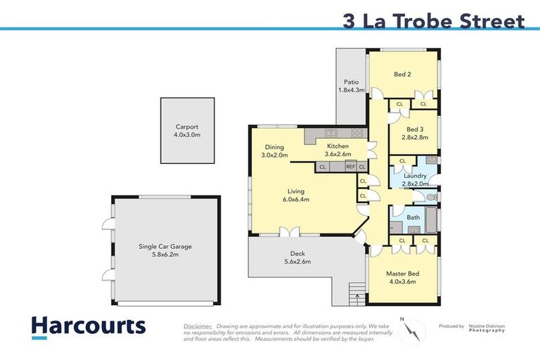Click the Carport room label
(x=187, y=127)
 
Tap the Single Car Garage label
(x=165, y=247)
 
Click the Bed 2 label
(x=403, y=74)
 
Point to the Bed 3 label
(x=415, y=129)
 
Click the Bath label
(x=413, y=217)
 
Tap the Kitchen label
(x=337, y=146)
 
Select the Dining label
(x=275, y=146)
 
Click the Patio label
(x=352, y=82)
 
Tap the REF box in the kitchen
(x=350, y=167)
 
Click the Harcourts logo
(x=88, y=326)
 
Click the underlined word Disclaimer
(x=198, y=327)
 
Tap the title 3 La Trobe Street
(x=434, y=20)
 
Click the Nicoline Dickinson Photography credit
(x=488, y=328)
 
